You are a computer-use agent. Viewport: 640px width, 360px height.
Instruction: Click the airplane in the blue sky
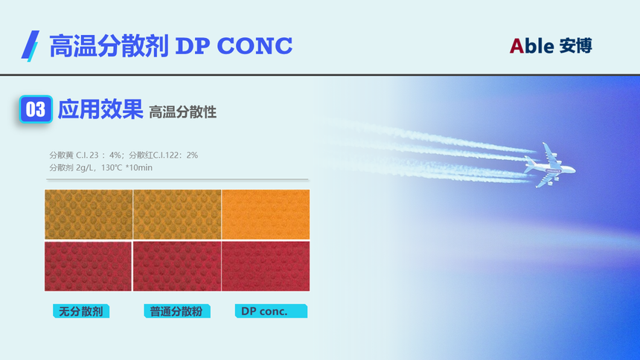tap(549, 166)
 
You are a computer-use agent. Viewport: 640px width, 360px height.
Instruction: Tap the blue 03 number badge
tap(36, 109)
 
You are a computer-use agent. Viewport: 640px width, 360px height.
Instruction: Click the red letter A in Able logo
tap(516, 45)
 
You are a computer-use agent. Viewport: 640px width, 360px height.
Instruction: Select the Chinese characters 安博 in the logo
tap(575, 45)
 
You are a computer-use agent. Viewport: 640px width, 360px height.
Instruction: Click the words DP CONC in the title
tap(234, 45)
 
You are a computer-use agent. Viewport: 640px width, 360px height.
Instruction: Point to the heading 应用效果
tap(100, 109)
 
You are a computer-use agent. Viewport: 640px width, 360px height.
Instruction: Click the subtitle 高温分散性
tap(182, 112)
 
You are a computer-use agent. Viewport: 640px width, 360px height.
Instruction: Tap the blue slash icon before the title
tap(31, 45)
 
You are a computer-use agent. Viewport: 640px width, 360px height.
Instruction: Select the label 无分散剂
tap(81, 311)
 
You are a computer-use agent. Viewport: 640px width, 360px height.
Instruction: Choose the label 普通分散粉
tap(176, 311)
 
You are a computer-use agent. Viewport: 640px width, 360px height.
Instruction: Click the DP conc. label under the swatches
tap(271, 311)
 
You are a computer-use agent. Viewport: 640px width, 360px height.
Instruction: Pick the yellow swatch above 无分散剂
tap(89, 214)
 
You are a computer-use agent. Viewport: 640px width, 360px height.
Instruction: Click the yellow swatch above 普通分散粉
tap(177, 214)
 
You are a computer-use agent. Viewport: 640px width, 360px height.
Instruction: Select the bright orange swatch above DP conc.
tap(266, 214)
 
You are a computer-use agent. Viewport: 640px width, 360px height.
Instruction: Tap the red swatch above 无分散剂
tap(88, 266)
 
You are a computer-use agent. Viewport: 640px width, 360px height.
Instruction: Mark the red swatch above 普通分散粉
tap(177, 266)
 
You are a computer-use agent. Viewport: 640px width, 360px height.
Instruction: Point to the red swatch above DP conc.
tap(266, 266)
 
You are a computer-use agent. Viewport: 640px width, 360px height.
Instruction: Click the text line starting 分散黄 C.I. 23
tap(124, 155)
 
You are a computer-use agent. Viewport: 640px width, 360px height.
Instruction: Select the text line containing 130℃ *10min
tap(100, 168)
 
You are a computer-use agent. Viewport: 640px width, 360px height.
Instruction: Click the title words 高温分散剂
tap(109, 45)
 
